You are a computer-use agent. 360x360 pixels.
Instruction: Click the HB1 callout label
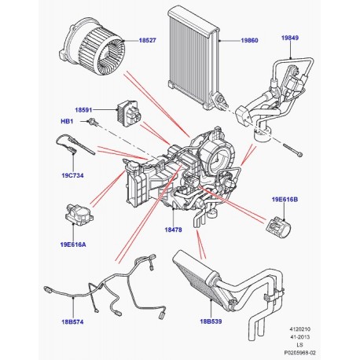(x=67, y=123)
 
